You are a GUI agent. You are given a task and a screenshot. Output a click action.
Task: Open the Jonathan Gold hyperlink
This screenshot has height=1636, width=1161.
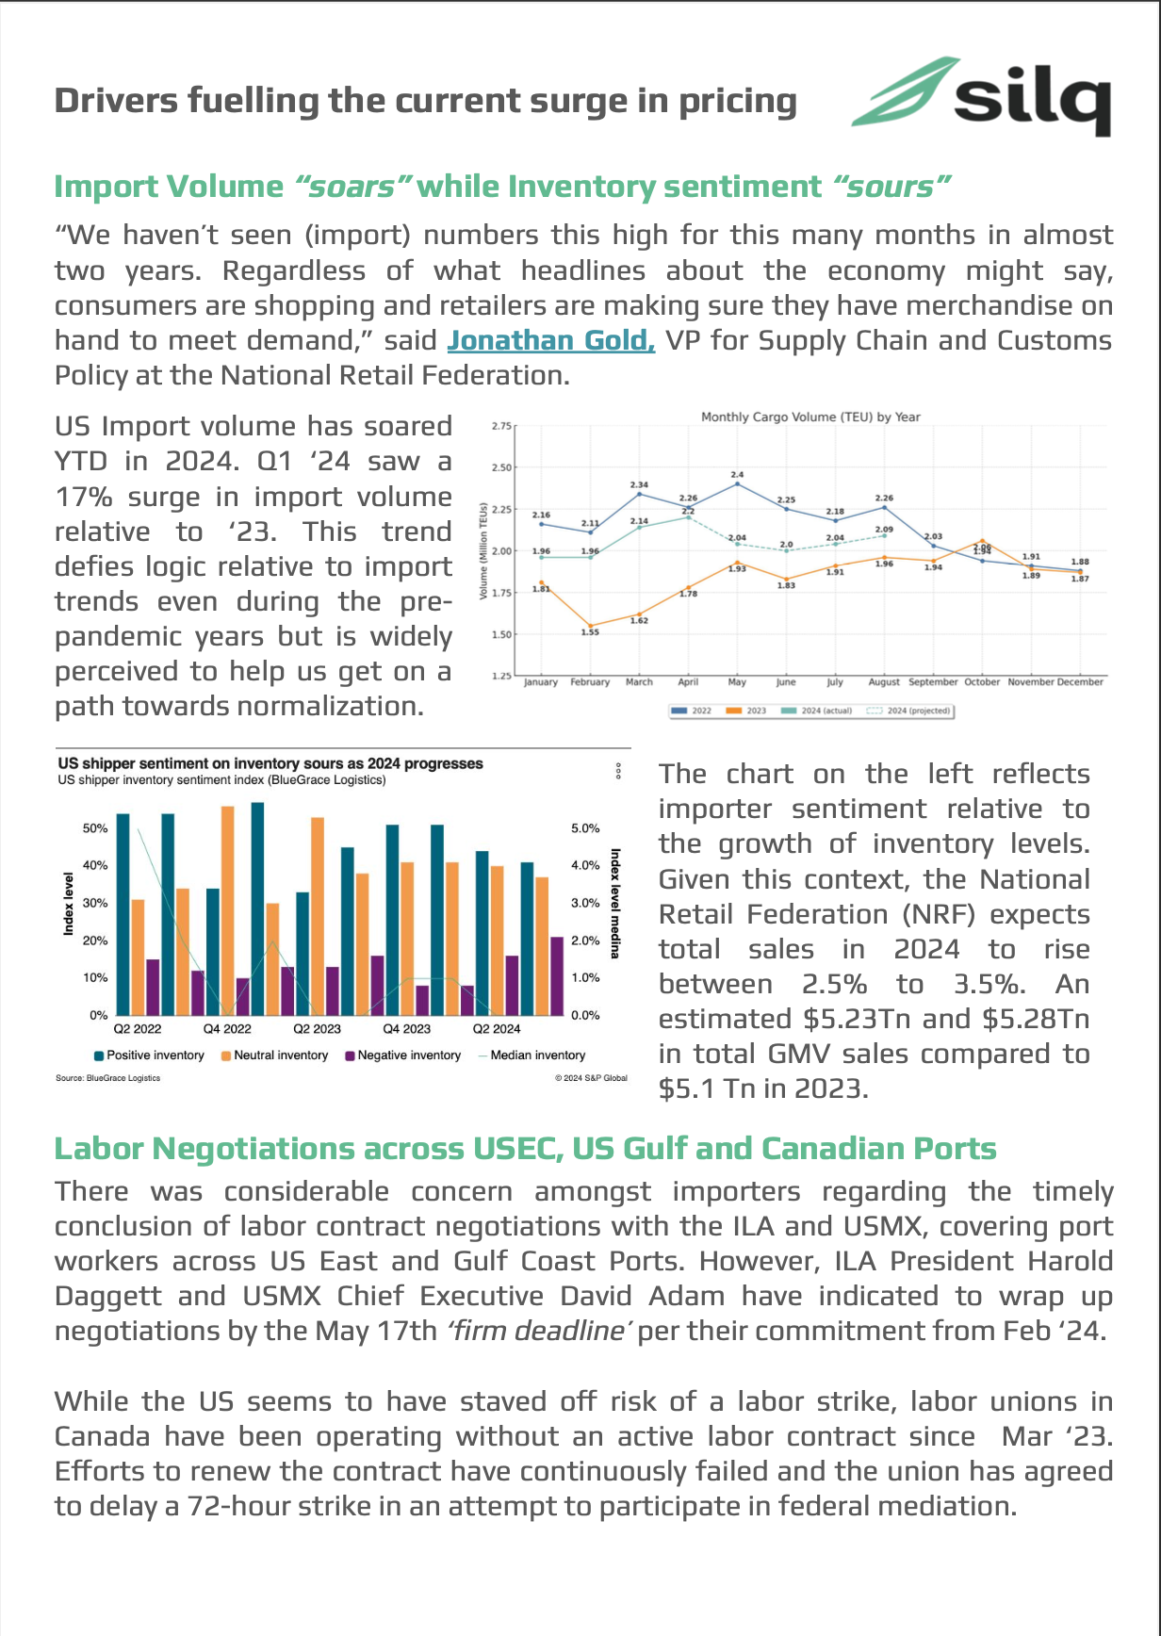pyautogui.click(x=550, y=340)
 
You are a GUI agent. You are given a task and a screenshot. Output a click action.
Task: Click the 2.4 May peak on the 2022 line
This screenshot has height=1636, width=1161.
pyautogui.click(x=737, y=483)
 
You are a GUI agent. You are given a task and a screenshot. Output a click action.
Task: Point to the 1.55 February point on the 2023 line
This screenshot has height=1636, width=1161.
pyautogui.click(x=590, y=626)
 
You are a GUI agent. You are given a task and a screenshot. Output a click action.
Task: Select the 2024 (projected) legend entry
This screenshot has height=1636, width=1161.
pyautogui.click(x=909, y=711)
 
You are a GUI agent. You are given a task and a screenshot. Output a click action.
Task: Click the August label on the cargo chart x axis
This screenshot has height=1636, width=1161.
pyautogui.click(x=884, y=681)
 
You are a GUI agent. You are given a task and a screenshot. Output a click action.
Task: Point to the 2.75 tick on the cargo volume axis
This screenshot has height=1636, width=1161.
pyautogui.click(x=501, y=426)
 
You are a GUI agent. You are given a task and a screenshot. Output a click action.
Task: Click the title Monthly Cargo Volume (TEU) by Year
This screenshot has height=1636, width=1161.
pyautogui.click(x=810, y=417)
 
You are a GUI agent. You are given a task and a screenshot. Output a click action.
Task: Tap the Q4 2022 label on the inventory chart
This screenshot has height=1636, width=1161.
pyautogui.click(x=227, y=1028)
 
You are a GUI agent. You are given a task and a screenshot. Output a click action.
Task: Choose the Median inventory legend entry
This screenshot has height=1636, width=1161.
pyautogui.click(x=532, y=1055)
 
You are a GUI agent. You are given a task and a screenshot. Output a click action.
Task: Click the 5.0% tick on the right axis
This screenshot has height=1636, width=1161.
pyautogui.click(x=585, y=828)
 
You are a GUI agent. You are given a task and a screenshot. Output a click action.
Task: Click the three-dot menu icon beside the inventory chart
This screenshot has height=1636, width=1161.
pyautogui.click(x=618, y=771)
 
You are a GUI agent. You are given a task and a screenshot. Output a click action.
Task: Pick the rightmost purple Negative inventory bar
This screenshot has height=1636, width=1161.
pyautogui.click(x=557, y=975)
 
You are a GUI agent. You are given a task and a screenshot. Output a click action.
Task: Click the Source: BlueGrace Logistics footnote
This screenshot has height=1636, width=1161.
pyautogui.click(x=107, y=1078)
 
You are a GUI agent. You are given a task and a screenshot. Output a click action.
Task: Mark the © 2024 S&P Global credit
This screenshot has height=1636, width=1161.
pyautogui.click(x=591, y=1078)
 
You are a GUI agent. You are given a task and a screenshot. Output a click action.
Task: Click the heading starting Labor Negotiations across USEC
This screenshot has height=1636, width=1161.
pyautogui.click(x=525, y=1149)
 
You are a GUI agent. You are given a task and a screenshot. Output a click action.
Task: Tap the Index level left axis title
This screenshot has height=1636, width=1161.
pyautogui.click(x=68, y=904)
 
